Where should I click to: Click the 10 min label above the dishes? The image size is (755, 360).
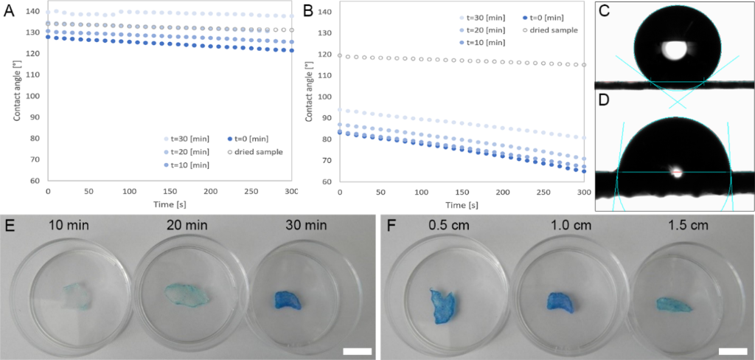[72, 225]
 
